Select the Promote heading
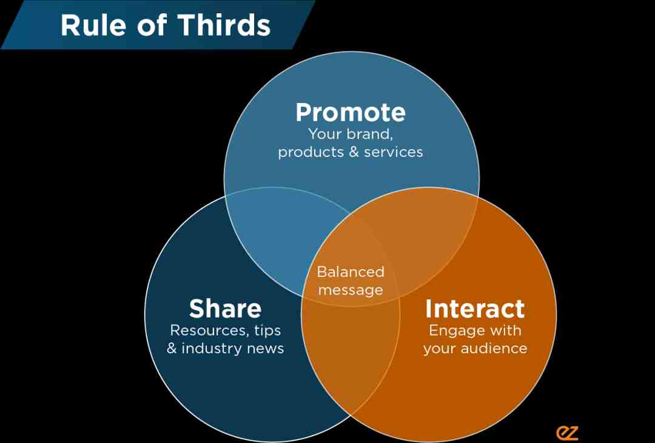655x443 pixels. click(x=351, y=112)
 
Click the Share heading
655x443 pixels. click(x=225, y=308)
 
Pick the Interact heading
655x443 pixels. click(x=475, y=308)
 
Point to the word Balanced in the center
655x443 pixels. click(x=351, y=272)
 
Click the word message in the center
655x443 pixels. click(x=351, y=290)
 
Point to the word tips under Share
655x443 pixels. click(x=269, y=331)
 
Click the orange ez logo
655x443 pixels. click(x=567, y=433)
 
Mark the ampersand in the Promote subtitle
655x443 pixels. click(x=354, y=152)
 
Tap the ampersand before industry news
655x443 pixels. click(x=172, y=348)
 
